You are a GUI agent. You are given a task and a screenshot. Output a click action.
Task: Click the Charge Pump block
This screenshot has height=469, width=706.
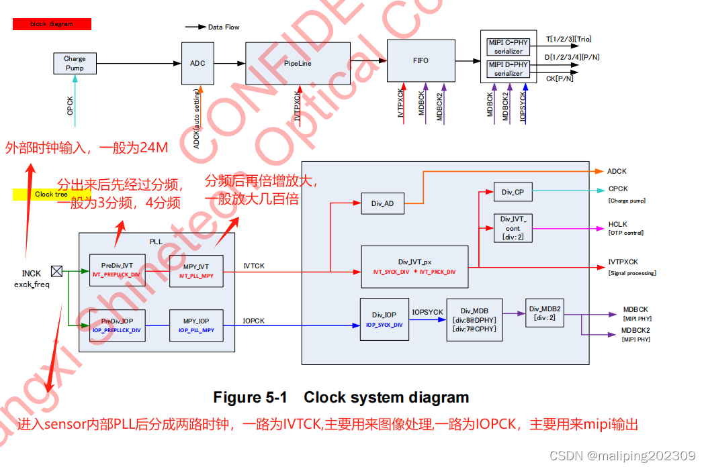[75, 63]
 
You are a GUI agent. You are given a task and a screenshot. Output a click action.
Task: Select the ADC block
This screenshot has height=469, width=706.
[197, 63]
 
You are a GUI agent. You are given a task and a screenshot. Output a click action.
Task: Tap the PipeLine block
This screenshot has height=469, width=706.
[298, 63]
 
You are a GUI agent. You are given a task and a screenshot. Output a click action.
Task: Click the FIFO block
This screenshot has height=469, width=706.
[421, 60]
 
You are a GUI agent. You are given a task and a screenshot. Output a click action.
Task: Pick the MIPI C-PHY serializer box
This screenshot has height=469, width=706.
[508, 46]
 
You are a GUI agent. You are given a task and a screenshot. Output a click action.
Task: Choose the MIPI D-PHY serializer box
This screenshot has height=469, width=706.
[508, 69]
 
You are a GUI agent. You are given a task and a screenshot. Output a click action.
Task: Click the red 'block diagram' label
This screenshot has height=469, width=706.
[52, 24]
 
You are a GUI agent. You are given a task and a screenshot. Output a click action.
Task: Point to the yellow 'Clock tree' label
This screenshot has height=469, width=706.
[51, 195]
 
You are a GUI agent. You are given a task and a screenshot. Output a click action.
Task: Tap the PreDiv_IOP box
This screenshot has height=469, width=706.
[117, 325]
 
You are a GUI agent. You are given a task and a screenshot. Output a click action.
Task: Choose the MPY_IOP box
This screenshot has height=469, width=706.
[195, 325]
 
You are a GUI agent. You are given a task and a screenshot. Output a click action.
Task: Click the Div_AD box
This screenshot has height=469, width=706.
[382, 203]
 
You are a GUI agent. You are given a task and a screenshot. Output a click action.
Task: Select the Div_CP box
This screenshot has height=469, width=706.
[513, 192]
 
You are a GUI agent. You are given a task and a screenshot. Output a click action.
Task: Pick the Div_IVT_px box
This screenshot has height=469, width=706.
[414, 267]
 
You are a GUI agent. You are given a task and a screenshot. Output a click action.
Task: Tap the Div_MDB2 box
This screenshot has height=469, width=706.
[544, 313]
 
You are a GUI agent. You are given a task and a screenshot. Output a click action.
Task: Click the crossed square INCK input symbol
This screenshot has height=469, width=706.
[57, 272]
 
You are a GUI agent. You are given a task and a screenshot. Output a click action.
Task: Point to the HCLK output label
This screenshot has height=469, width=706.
[617, 224]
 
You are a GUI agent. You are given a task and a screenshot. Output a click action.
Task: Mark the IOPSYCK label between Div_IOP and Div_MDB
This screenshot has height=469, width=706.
[427, 313]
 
